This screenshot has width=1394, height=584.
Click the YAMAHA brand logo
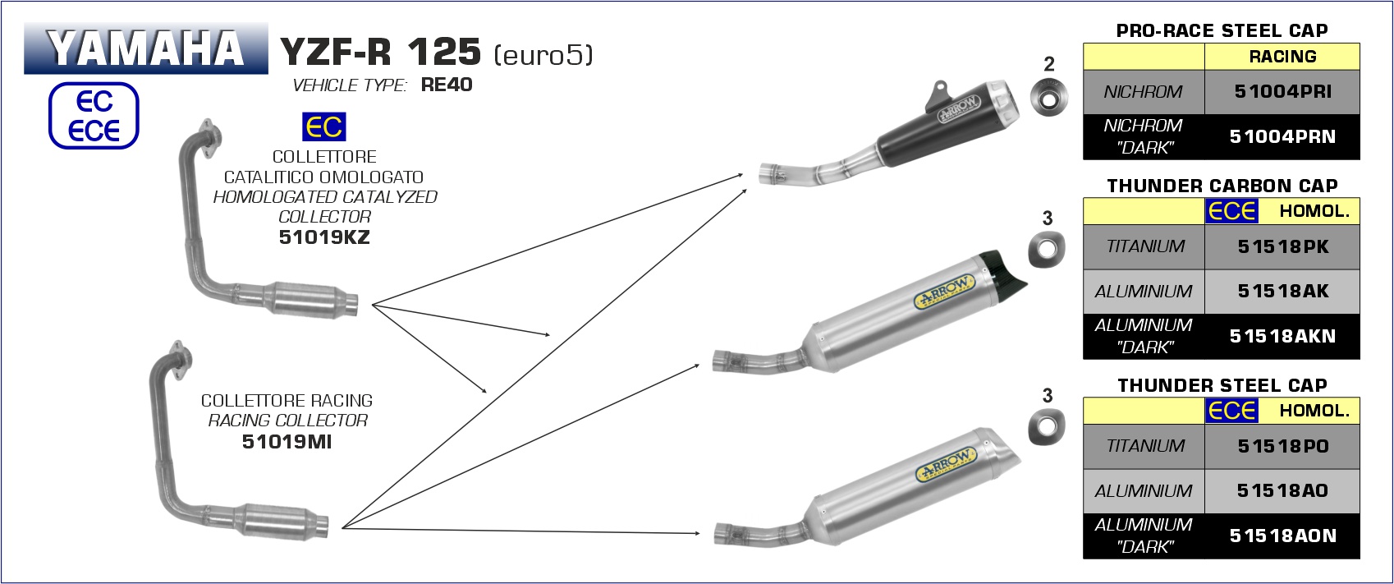click(145, 48)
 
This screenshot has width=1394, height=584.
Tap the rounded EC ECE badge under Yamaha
click(94, 116)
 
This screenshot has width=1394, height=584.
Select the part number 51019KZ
click(324, 237)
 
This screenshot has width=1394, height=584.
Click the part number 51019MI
click(287, 441)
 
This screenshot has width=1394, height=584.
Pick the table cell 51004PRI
click(1282, 91)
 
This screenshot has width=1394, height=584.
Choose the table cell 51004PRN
click(1282, 136)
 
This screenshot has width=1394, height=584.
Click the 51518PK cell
click(1282, 246)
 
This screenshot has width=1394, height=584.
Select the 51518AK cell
click(1282, 291)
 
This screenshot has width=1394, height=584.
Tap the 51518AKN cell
click(1282, 336)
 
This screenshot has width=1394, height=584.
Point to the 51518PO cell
click(1282, 446)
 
